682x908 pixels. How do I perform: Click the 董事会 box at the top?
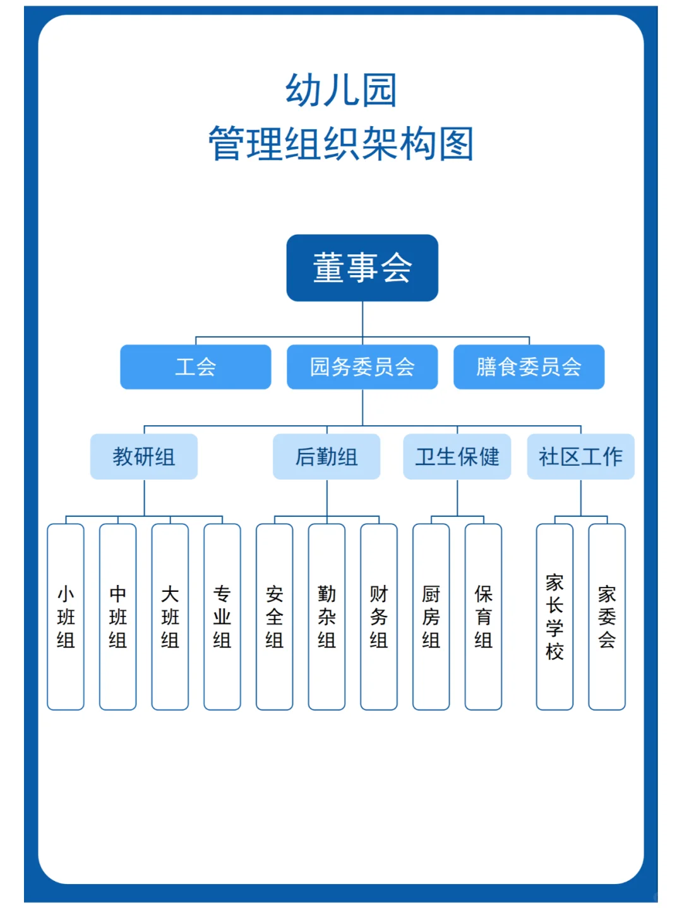(362, 268)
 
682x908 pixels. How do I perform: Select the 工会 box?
(196, 367)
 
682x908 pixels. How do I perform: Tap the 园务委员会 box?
(362, 367)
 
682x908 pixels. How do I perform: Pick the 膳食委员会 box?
(529, 367)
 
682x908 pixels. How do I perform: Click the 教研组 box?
(144, 456)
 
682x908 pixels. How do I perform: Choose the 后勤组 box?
(326, 456)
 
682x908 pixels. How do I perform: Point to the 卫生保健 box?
(457, 456)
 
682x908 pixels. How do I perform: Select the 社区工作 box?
(580, 456)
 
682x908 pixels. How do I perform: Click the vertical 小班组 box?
(66, 616)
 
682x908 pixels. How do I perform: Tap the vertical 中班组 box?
(118, 616)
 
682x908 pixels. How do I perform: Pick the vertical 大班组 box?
(170, 616)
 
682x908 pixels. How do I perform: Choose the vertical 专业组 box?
(222, 616)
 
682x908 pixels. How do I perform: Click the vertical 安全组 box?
(274, 616)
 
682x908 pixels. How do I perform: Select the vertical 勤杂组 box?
(326, 616)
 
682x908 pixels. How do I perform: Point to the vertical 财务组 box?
(379, 616)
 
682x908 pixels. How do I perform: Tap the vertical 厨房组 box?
(431, 616)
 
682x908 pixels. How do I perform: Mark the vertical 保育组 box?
(483, 616)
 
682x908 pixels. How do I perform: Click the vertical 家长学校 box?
(554, 616)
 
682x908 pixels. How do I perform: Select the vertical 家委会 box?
(607, 616)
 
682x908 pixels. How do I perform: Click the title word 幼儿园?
(342, 90)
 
